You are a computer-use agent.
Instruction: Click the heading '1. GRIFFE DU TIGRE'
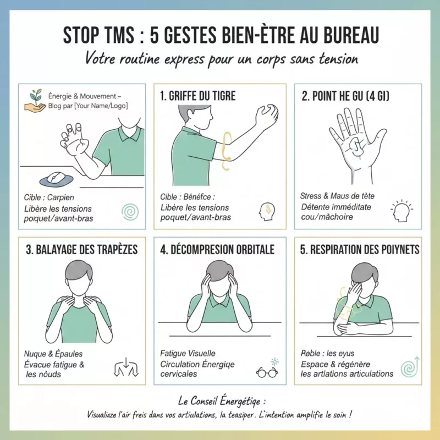197,96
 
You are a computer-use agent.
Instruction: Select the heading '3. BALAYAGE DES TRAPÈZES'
81,250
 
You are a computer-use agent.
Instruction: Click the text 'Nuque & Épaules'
53,354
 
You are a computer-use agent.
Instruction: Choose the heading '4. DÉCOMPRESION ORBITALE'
217,250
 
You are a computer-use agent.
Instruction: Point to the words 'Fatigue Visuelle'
188,353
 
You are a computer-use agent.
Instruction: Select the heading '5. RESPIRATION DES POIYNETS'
360,250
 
